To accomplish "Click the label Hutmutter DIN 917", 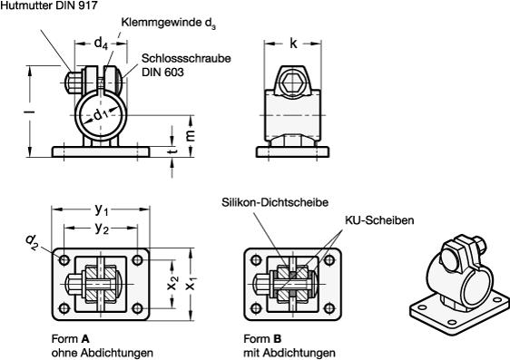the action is coord(49,5).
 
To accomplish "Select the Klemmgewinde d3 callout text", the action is coord(168,24).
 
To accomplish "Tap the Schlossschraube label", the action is coord(186,58).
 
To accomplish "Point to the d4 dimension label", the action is coord(101,44).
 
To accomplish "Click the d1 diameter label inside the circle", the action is coord(101,115).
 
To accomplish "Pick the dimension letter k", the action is coord(293,44).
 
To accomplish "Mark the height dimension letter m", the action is coord(191,135).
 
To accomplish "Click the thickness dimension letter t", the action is coord(173,151).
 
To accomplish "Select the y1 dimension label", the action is coord(102,210).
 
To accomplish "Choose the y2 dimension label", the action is coord(102,229).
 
